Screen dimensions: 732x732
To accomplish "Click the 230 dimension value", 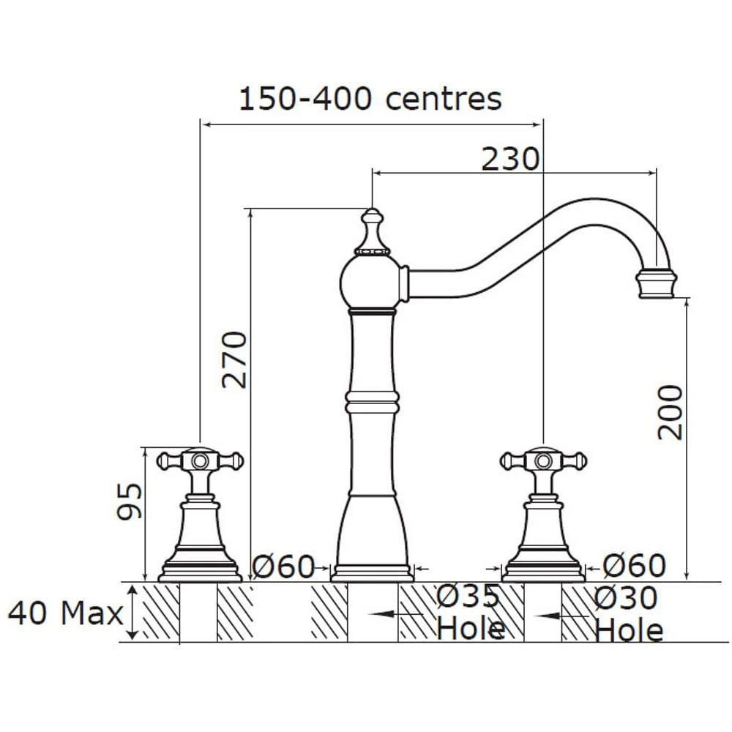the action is pos(509,159).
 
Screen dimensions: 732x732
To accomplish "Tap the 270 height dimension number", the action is pos(234,359).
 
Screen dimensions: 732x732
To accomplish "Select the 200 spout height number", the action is pos(671,412).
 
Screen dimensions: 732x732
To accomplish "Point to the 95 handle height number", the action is pos(130,501).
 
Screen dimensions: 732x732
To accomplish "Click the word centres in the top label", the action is pos(444,99).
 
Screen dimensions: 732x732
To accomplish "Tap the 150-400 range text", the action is pos(305,99).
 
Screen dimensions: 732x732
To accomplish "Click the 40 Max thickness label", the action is pos(66,613).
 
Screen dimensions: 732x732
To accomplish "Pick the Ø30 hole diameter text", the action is pos(626,597).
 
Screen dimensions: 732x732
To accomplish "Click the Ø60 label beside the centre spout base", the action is pos(284,567).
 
